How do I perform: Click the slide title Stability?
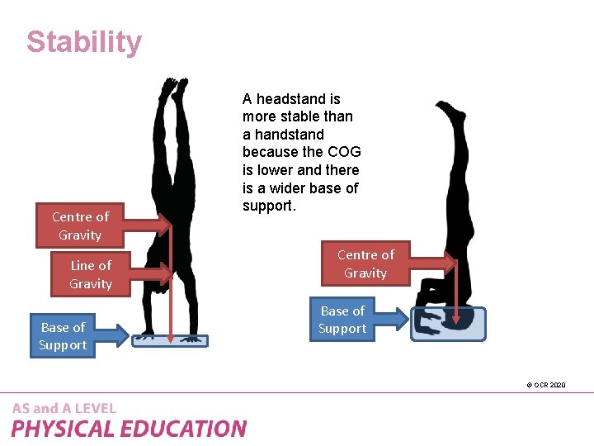click(x=83, y=42)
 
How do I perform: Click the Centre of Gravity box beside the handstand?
click(x=79, y=225)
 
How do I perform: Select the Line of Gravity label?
click(x=91, y=274)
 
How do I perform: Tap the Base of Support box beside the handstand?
click(x=63, y=335)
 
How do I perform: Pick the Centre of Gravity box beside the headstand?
click(x=365, y=263)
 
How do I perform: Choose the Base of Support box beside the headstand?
click(x=342, y=320)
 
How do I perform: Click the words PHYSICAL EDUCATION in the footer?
click(x=129, y=429)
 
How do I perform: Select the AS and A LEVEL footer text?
click(x=64, y=408)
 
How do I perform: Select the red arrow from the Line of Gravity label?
click(x=140, y=273)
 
